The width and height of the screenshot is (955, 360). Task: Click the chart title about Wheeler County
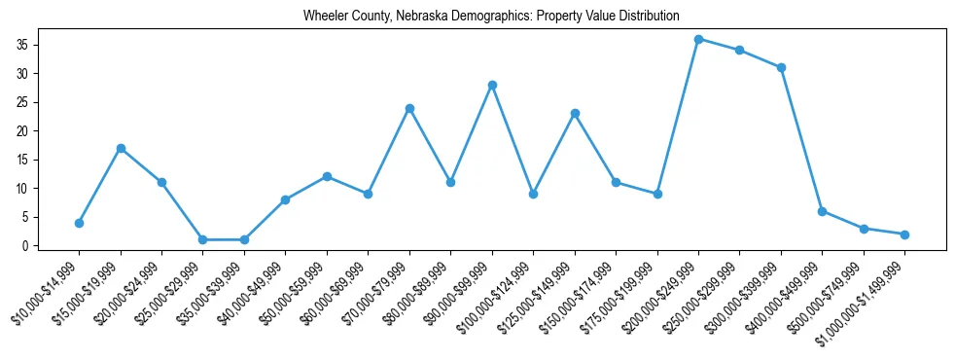(x=490, y=16)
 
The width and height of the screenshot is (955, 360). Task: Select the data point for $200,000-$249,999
(x=698, y=39)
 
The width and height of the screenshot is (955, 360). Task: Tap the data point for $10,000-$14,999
(x=79, y=223)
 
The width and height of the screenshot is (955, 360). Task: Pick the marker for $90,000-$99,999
(x=492, y=85)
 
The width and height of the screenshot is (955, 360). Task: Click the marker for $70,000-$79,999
(x=409, y=108)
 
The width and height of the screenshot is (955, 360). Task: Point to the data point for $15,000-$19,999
(x=121, y=148)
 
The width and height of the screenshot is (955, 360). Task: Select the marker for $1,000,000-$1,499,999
(x=904, y=234)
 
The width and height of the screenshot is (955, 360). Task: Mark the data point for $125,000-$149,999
(x=575, y=114)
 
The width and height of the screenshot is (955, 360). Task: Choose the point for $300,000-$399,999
(x=781, y=67)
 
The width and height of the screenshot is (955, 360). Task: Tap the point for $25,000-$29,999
(x=202, y=239)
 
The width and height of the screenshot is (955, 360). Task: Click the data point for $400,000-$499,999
(x=822, y=211)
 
